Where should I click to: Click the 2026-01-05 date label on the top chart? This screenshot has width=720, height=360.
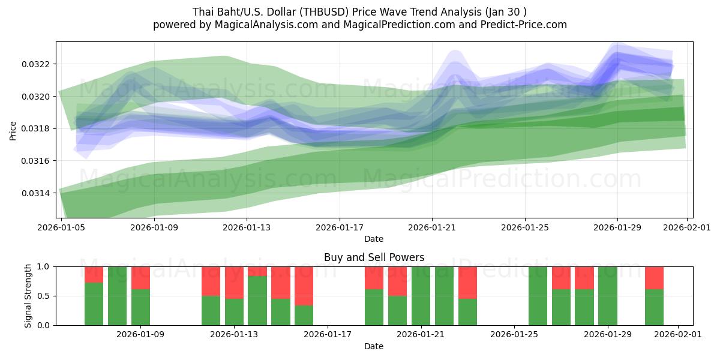click(62, 228)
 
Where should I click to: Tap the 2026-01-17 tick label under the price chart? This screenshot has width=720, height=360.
click(340, 228)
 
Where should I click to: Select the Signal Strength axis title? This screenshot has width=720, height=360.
click(28, 296)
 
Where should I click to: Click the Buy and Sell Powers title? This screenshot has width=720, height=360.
click(374, 257)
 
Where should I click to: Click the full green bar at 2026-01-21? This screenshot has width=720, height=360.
click(421, 296)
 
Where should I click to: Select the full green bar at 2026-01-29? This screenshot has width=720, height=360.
click(608, 296)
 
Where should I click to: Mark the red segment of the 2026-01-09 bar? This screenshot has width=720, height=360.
click(140, 278)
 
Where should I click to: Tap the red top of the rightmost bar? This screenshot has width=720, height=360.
click(654, 278)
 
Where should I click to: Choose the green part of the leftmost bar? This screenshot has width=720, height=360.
click(94, 304)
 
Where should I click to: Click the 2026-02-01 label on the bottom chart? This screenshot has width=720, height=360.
click(678, 334)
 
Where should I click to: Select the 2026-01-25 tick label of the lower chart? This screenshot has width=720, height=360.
click(514, 334)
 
